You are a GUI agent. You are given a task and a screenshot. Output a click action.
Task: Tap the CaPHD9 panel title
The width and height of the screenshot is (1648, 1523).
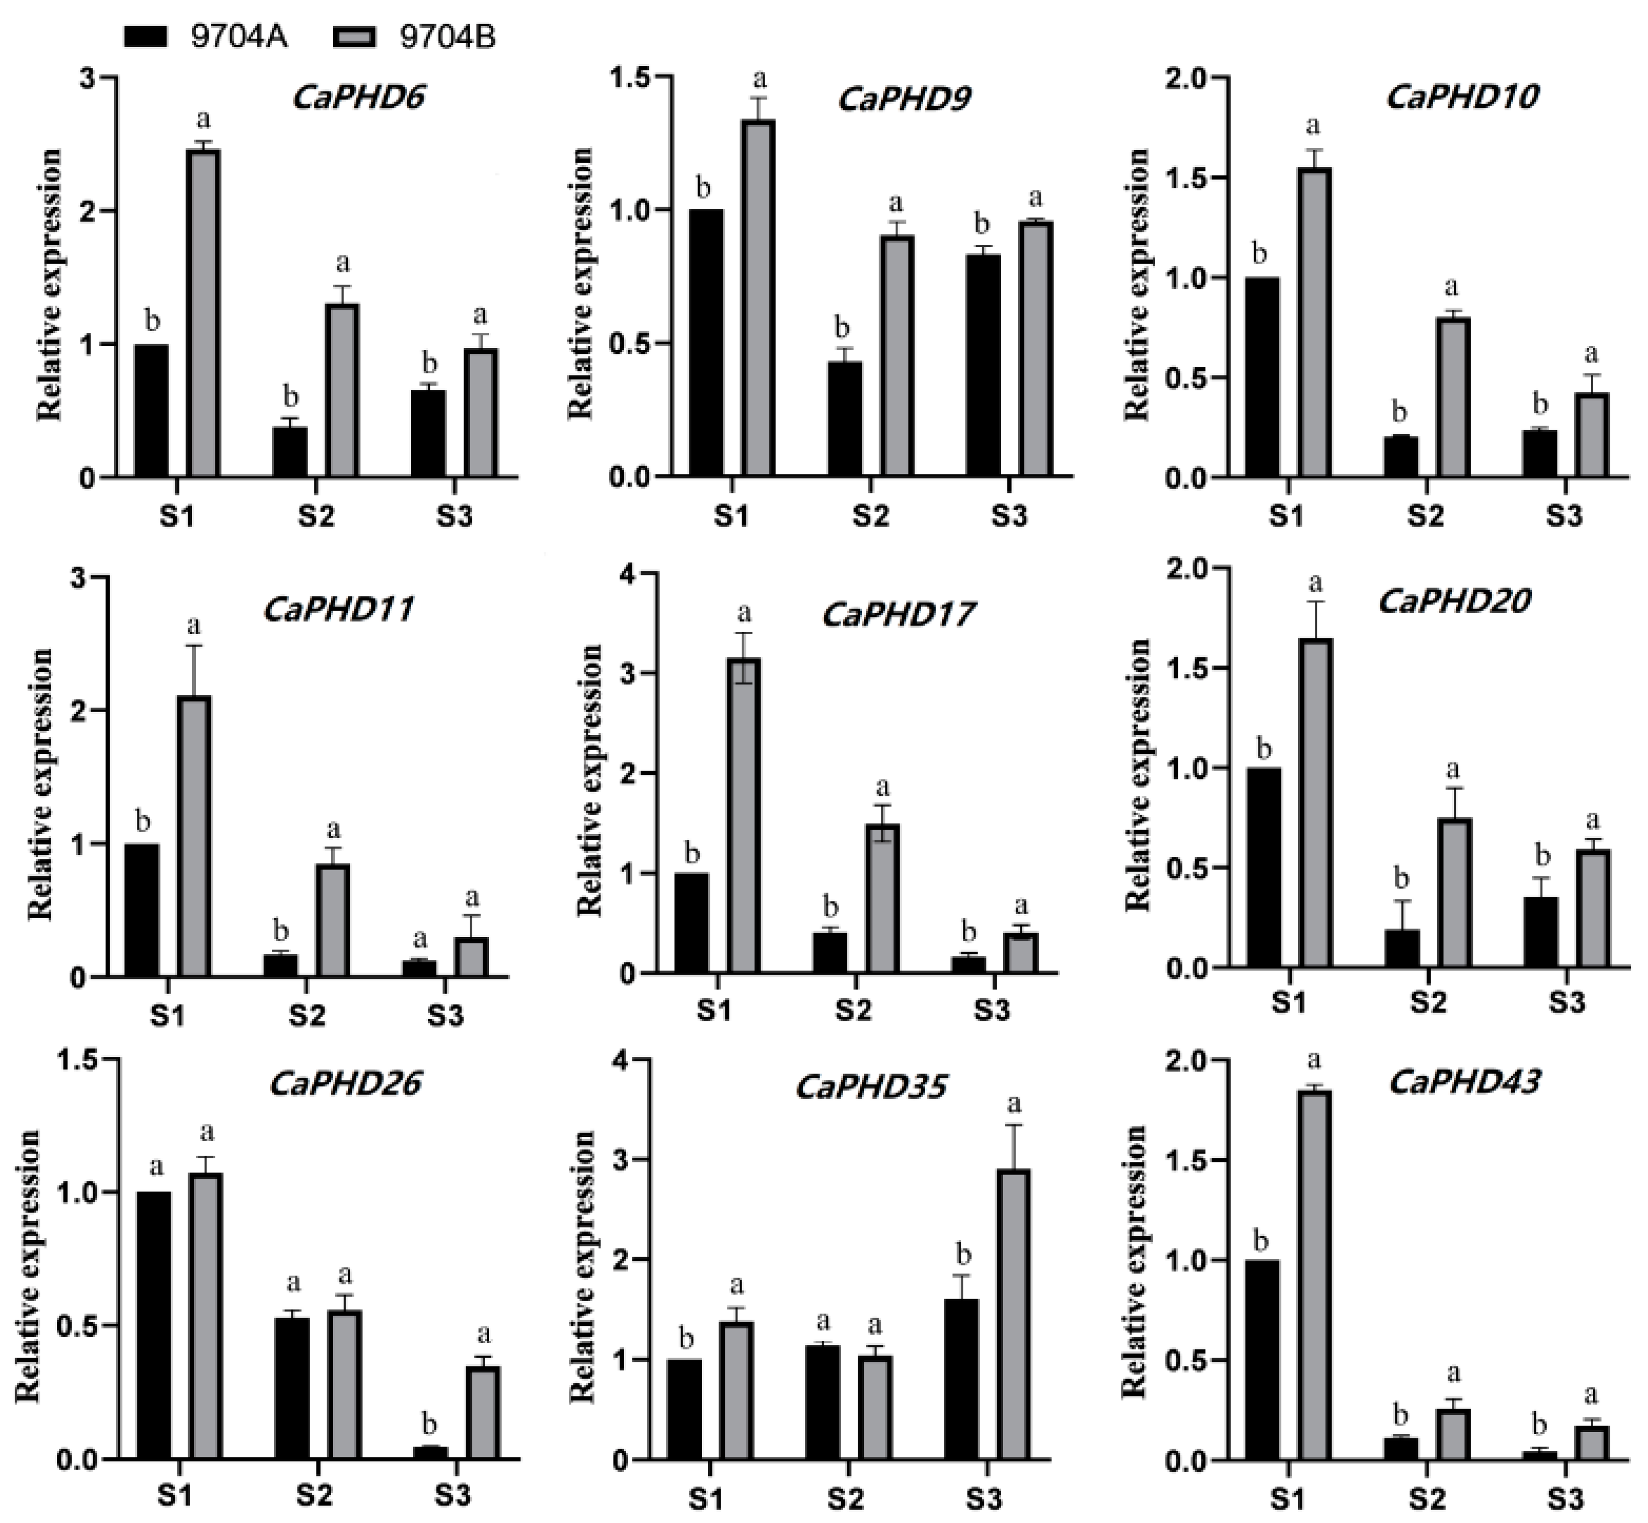point(904,99)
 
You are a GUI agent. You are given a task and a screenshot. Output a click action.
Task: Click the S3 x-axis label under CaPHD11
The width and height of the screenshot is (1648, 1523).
point(445,1016)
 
